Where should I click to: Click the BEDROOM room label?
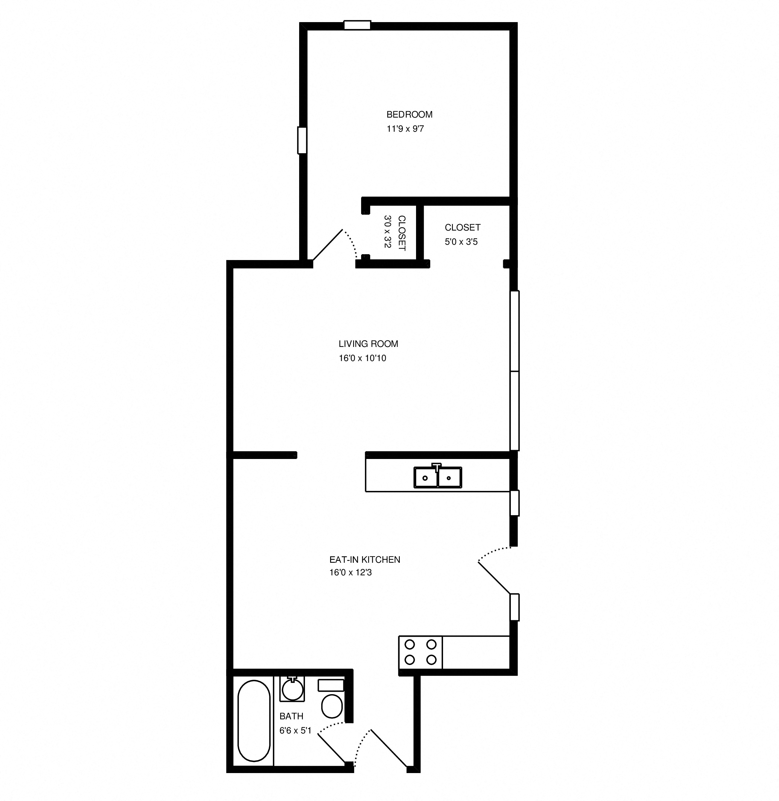click(x=409, y=115)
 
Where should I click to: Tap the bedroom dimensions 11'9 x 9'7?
click(x=405, y=129)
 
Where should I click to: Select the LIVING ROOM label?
click(x=368, y=344)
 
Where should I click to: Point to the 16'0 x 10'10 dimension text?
click(x=362, y=358)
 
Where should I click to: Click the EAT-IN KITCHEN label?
click(x=364, y=559)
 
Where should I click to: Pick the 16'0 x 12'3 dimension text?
click(x=350, y=573)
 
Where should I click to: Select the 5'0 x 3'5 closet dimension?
click(x=461, y=242)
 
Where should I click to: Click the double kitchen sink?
click(x=438, y=477)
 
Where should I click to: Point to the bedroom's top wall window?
click(x=357, y=25)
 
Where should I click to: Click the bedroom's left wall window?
click(x=302, y=140)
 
